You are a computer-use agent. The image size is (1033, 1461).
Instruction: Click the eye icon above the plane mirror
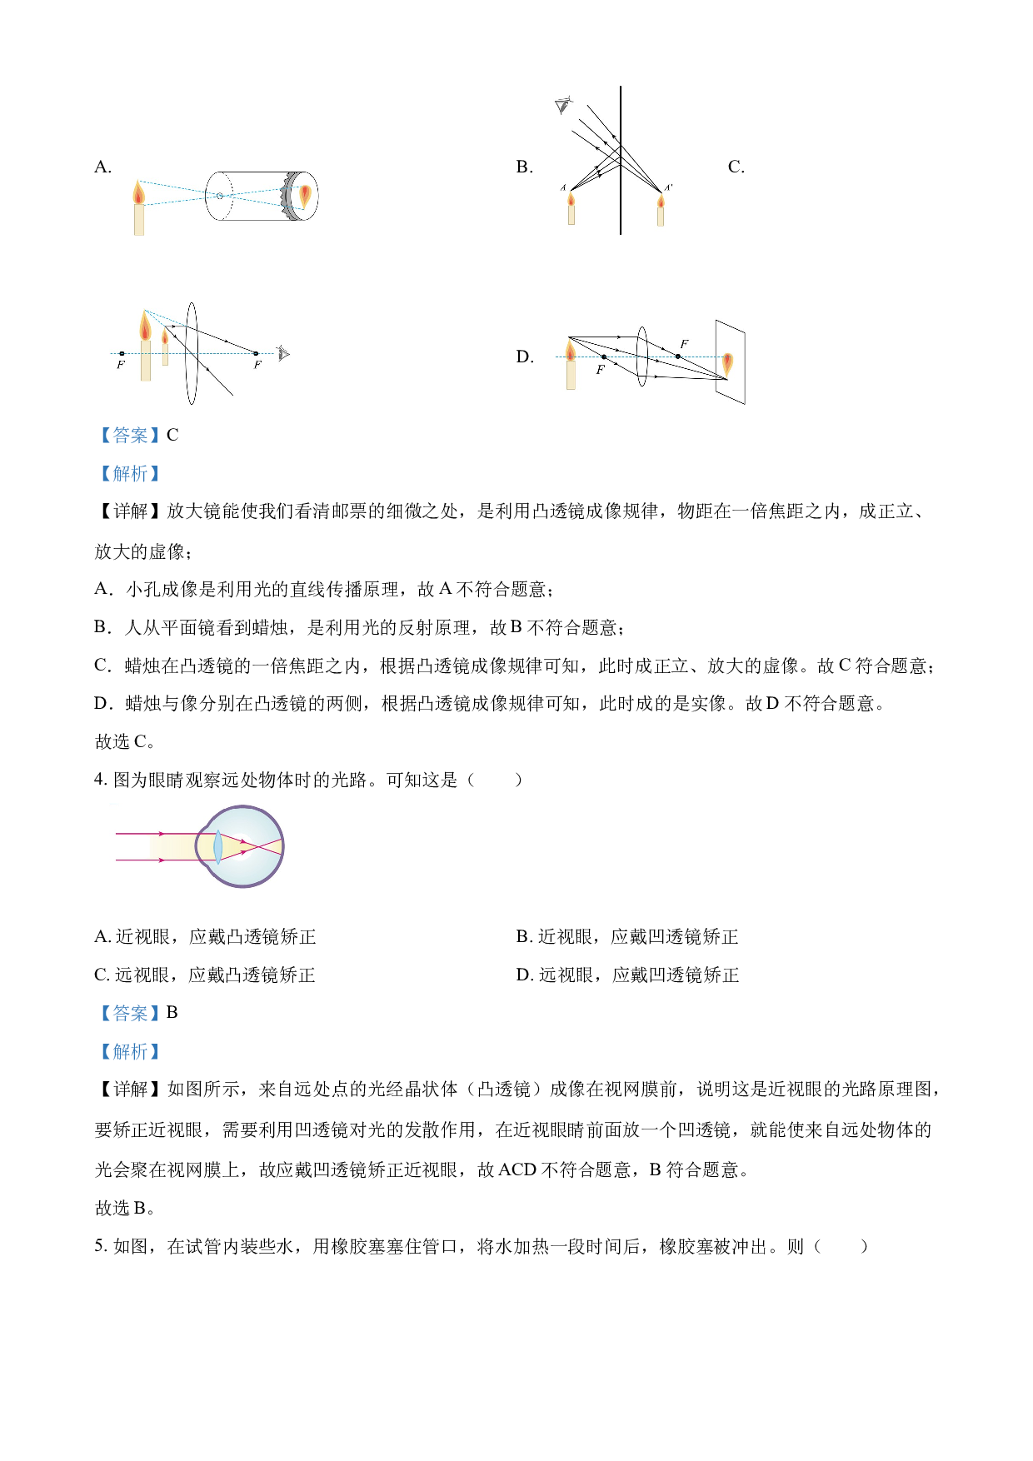pyautogui.click(x=564, y=106)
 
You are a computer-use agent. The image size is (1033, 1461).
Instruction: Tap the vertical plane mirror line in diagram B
pyautogui.click(x=621, y=160)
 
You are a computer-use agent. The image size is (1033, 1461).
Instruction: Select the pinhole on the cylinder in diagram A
pyautogui.click(x=219, y=196)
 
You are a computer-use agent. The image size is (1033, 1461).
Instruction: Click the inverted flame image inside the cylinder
pyautogui.click(x=305, y=195)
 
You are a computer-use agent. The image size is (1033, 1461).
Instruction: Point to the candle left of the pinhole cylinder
pyautogui.click(x=138, y=207)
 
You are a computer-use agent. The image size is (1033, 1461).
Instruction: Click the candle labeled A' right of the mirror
pyautogui.click(x=661, y=210)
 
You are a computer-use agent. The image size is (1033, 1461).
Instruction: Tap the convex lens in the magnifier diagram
pyautogui.click(x=192, y=354)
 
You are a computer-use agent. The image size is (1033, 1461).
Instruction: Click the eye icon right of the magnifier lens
pyautogui.click(x=283, y=354)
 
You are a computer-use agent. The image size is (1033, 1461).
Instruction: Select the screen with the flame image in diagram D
pyautogui.click(x=730, y=362)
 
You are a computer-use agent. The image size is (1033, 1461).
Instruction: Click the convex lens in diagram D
pyautogui.click(x=641, y=357)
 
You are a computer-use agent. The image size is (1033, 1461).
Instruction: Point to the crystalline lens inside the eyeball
pyautogui.click(x=217, y=847)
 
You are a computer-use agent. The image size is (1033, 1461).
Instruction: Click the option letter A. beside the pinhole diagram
pyautogui.click(x=103, y=167)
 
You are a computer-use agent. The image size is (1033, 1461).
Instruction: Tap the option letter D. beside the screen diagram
pyautogui.click(x=525, y=357)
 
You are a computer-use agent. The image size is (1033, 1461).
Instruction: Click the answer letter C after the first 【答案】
pyautogui.click(x=172, y=435)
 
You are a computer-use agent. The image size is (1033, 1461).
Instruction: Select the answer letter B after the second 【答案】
pyautogui.click(x=172, y=1013)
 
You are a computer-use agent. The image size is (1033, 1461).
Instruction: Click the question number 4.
pyautogui.click(x=101, y=780)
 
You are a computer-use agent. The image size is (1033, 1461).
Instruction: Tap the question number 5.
pyautogui.click(x=101, y=1246)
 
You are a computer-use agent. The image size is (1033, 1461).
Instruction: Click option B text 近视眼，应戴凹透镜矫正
pyautogui.click(x=638, y=937)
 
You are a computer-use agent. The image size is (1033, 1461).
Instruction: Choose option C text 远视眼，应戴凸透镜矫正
pyautogui.click(x=216, y=975)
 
